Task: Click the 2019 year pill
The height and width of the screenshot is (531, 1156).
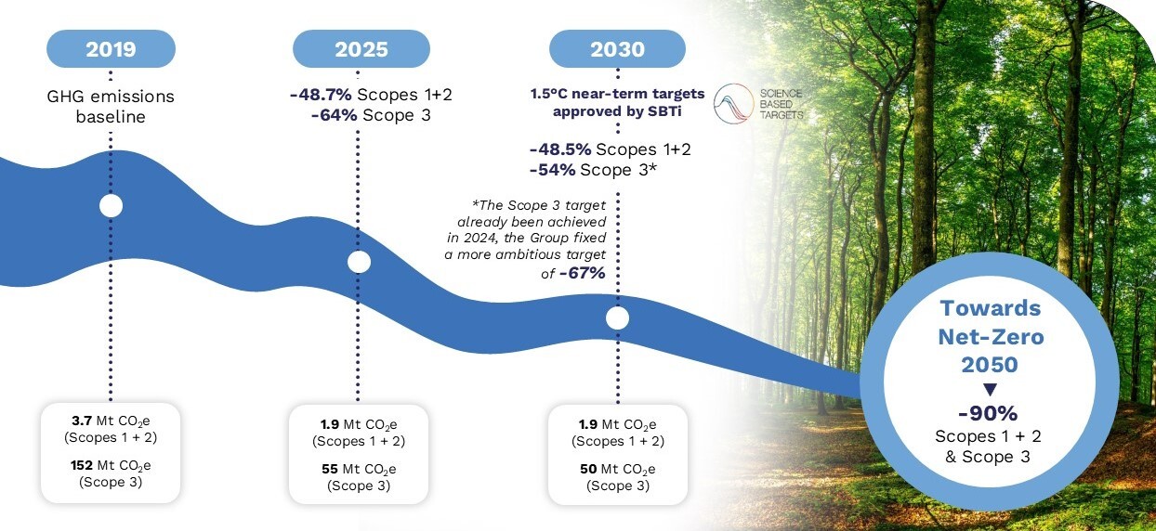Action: click(x=111, y=48)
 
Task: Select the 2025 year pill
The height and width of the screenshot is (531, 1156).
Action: click(x=361, y=48)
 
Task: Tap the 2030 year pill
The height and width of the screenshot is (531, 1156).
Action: click(x=617, y=48)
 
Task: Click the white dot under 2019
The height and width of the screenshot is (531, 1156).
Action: click(x=111, y=206)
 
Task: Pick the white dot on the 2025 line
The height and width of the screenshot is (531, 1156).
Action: click(x=360, y=262)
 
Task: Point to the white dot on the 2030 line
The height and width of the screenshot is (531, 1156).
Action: click(x=617, y=318)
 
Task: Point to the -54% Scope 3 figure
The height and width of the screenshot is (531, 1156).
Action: click(x=552, y=169)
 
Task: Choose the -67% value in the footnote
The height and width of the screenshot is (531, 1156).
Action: click(x=583, y=273)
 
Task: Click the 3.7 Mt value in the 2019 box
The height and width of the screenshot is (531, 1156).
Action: click(x=82, y=421)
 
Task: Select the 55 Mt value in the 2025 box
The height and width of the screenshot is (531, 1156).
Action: click(x=330, y=469)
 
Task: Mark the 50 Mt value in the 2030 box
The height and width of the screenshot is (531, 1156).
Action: click(x=587, y=469)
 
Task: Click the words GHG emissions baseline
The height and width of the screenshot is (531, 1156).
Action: click(x=112, y=107)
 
